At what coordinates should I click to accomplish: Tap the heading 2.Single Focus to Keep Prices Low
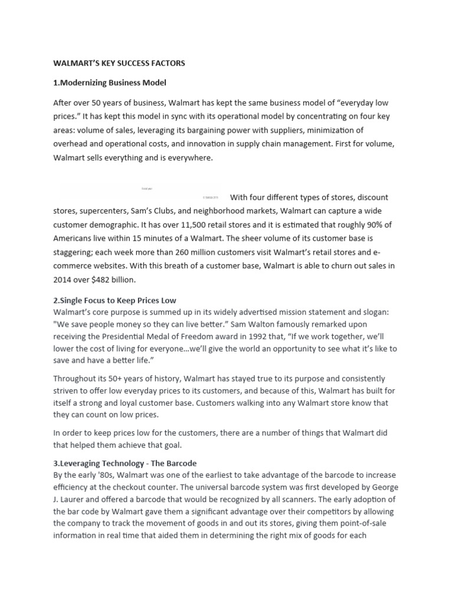point(115,301)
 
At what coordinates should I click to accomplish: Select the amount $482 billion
point(114,280)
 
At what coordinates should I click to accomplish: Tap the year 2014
point(65,280)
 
